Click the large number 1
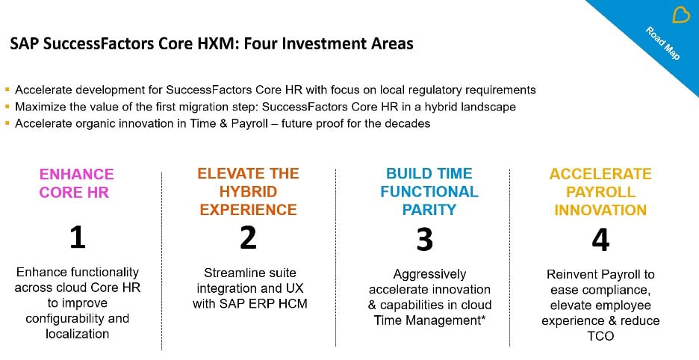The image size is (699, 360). [x=77, y=238]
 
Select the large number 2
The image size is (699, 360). [x=249, y=237]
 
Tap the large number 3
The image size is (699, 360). [x=424, y=239]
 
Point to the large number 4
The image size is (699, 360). [x=600, y=240]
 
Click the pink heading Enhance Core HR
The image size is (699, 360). [x=77, y=183]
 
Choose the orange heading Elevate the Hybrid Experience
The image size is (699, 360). [x=248, y=191]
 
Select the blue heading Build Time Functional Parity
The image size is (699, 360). [x=429, y=191]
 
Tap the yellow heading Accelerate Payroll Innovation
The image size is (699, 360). [x=600, y=192]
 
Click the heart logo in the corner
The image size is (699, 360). [x=681, y=15]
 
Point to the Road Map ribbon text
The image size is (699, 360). [x=662, y=44]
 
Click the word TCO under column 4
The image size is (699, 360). [x=600, y=336]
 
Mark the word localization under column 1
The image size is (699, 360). [x=77, y=334]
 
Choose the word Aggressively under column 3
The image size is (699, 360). [x=429, y=274]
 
